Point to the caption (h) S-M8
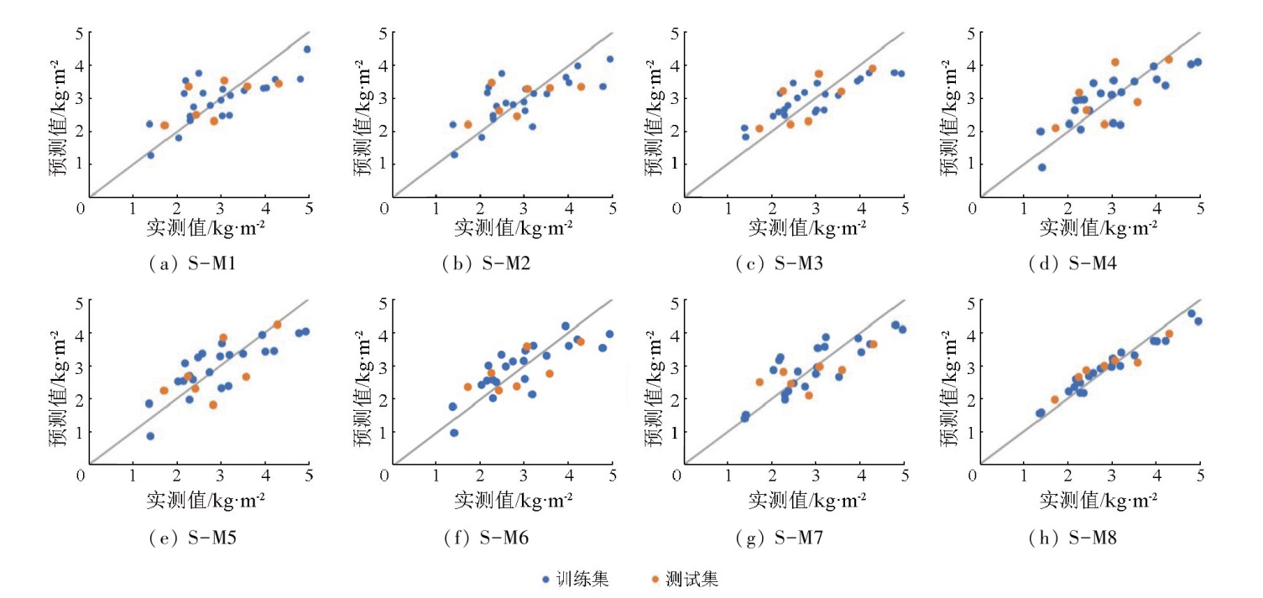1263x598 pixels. [1073, 538]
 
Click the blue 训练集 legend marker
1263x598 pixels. [545, 579]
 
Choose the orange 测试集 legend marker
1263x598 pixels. [655, 579]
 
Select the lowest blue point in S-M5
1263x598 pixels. [150, 436]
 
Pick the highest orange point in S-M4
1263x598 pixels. [1168, 60]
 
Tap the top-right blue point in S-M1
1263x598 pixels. [307, 49]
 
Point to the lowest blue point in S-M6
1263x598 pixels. [454, 433]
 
